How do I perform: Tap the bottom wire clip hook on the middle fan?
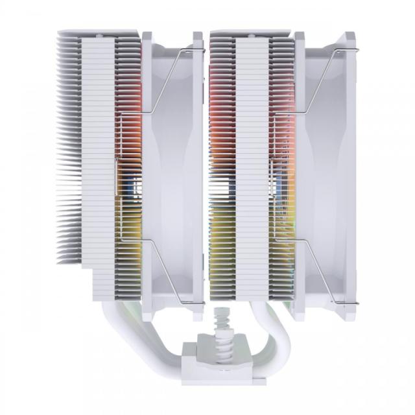tap(200, 302)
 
